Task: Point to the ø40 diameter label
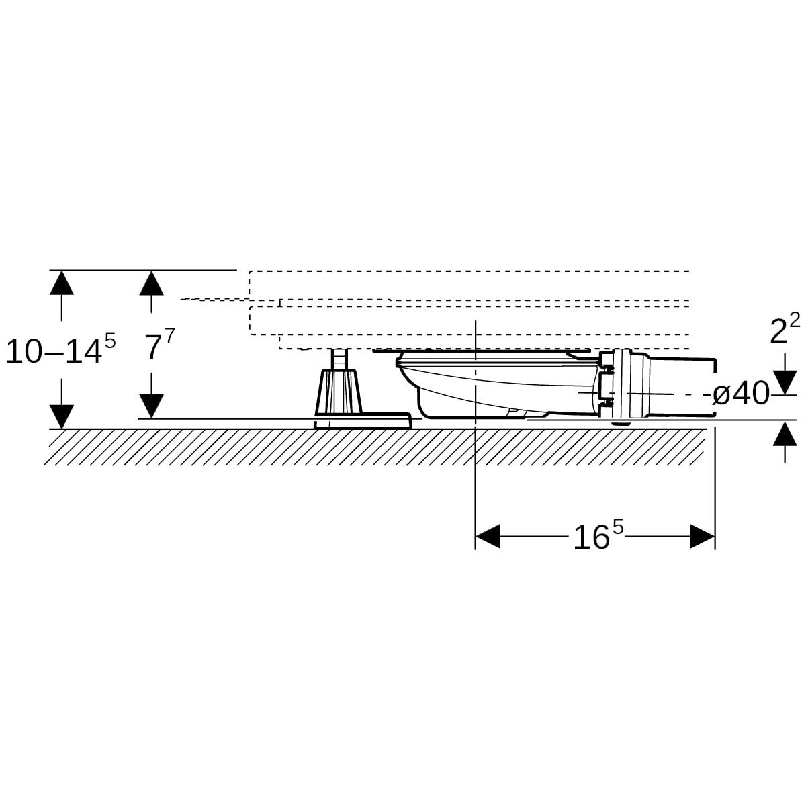[741, 393]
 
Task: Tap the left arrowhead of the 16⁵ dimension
[488, 536]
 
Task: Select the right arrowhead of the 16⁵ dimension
[703, 536]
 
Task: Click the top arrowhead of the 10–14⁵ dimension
[62, 283]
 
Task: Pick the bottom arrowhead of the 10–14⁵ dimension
[62, 416]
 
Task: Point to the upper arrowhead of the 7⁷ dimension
[151, 283]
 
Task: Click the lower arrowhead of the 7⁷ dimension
[151, 406]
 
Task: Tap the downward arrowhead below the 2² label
[785, 382]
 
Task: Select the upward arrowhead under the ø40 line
[785, 433]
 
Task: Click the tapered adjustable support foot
[339, 392]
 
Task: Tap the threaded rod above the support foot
[339, 359]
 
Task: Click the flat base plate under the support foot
[363, 420]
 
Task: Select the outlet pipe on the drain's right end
[682, 387]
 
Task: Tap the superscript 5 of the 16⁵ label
[618, 527]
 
